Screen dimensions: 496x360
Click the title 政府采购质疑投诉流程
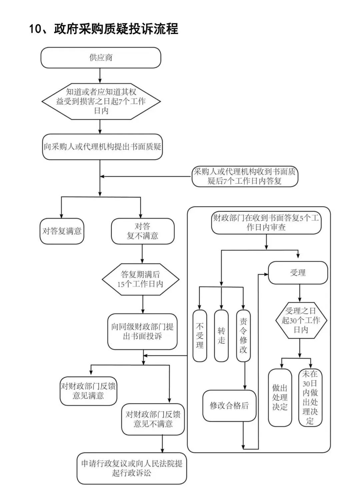103,29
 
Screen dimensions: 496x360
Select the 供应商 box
101,58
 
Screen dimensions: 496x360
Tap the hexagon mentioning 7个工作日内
101,101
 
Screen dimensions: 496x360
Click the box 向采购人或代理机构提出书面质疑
102,147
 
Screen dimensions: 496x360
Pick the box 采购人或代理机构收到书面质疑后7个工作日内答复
245,177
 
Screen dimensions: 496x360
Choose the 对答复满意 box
62,231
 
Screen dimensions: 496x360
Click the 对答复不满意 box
142,231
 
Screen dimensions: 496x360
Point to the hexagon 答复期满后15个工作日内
140,279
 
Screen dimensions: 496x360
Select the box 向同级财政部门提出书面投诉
142,331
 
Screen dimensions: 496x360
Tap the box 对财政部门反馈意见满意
88,391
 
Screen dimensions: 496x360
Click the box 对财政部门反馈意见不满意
153,419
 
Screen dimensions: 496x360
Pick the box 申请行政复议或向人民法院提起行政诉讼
132,468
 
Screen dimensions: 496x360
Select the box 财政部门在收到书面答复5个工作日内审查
266,223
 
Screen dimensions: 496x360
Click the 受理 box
298,273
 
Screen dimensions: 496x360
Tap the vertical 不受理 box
200,335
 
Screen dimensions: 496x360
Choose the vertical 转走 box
221,335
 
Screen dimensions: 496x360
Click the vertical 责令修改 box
243,335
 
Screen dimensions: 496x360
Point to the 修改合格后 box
229,405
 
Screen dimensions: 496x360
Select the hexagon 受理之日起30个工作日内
301,320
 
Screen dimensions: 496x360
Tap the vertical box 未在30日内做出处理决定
310,397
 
